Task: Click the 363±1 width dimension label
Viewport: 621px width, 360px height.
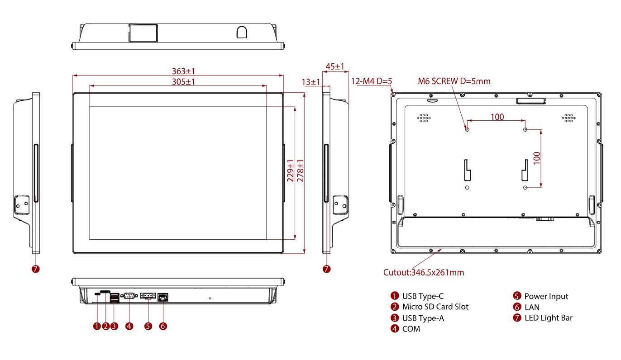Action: coord(183,71)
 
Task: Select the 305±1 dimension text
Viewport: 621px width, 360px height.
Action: coord(183,81)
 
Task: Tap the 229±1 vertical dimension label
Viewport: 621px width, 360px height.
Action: coord(291,170)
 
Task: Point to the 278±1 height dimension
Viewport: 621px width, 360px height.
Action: coord(300,170)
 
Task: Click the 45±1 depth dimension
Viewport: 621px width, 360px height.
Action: coord(335,66)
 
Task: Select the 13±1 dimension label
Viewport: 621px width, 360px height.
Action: coord(311,82)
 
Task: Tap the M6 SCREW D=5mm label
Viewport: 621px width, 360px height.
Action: coord(454,81)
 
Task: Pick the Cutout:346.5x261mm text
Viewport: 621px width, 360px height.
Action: coord(424,272)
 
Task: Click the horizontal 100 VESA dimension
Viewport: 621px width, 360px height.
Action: coord(497,117)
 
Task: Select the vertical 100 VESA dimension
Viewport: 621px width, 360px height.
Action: coord(537,158)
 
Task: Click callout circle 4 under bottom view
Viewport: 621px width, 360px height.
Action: coord(129,326)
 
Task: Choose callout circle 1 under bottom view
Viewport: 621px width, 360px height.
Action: coord(96,326)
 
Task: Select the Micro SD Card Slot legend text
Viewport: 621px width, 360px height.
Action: coord(435,307)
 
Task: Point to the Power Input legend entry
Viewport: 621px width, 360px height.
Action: coord(546,296)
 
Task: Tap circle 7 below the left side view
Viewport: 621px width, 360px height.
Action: coord(36,269)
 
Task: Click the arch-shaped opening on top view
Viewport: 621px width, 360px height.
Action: coord(242,32)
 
